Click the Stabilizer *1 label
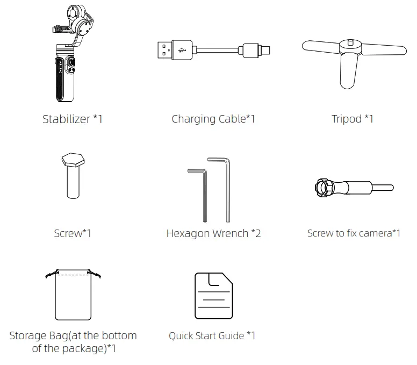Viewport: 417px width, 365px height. click(72, 119)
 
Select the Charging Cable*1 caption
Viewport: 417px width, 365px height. click(213, 119)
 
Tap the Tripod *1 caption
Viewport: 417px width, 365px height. click(352, 119)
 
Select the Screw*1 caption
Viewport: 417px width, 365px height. click(73, 233)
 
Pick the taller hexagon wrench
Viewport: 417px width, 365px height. click(228, 188)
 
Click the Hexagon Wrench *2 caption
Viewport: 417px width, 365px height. click(213, 233)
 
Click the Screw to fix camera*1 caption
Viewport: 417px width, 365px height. click(354, 233)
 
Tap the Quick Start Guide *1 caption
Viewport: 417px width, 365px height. click(212, 336)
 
